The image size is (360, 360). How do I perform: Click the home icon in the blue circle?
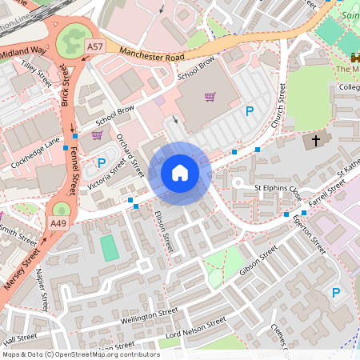tap(180, 173)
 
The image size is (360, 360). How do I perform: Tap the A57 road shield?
tap(95, 47)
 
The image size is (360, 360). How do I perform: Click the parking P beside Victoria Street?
tap(102, 163)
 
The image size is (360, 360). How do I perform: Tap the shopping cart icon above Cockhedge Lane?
tap(97, 135)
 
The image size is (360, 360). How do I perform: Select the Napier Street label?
tap(42, 283)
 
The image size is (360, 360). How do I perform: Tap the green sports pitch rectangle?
tap(110, 247)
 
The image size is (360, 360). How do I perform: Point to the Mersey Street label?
tap(21, 272)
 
